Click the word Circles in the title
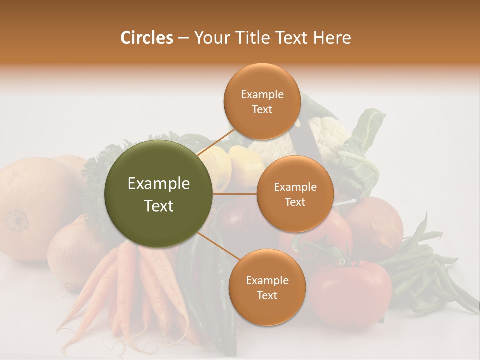(146, 38)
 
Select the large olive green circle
(159, 194)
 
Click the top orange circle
(262, 101)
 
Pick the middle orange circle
(295, 194)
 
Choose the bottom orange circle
(267, 287)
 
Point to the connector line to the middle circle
(235, 194)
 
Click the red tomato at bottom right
(352, 292)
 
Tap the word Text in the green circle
(159, 206)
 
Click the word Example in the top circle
(262, 94)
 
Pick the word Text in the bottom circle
(267, 295)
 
